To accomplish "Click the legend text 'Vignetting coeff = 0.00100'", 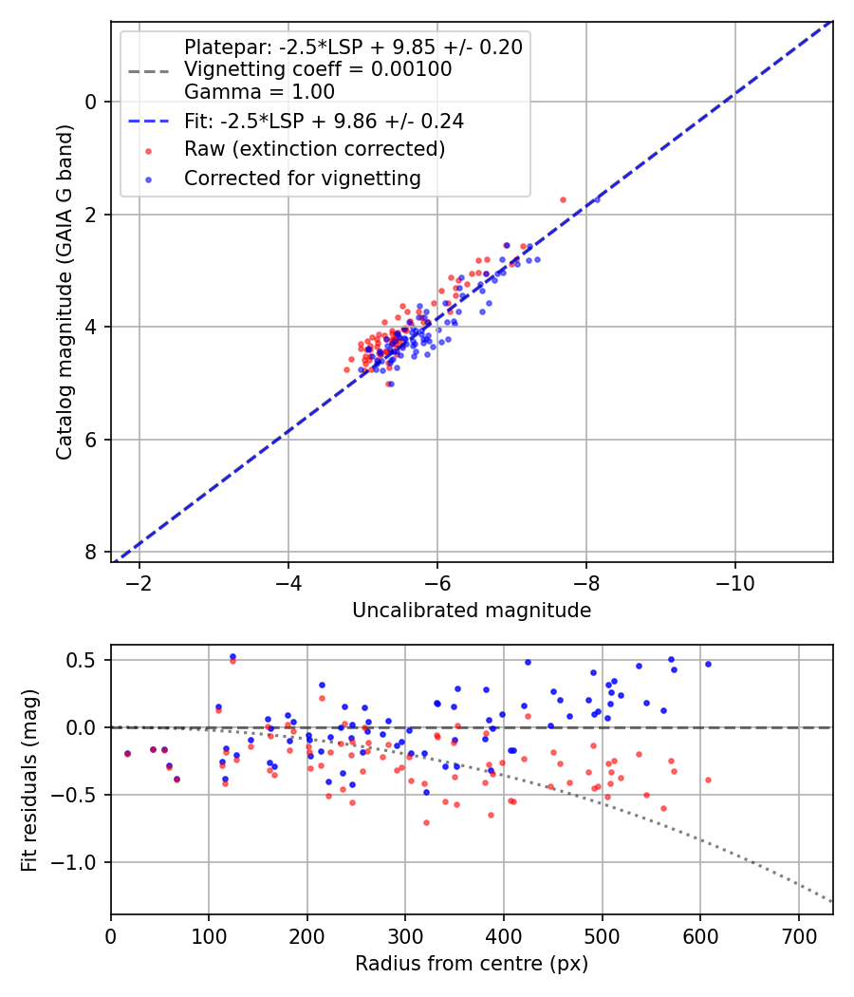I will click(x=317, y=69).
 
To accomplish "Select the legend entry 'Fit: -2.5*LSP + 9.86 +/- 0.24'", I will click(x=324, y=122).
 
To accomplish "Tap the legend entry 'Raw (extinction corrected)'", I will click(x=314, y=149).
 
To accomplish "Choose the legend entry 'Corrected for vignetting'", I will click(x=302, y=178).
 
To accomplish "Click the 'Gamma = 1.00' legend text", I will click(x=259, y=92).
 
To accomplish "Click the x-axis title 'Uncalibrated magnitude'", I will click(x=472, y=611).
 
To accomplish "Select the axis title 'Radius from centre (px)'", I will click(x=472, y=964).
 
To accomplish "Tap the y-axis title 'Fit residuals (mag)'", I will click(x=29, y=780).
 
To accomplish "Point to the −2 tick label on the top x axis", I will click(x=139, y=581).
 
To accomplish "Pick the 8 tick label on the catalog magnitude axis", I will click(x=91, y=553).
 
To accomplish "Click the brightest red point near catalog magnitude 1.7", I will click(x=563, y=199).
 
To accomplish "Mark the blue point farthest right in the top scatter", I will click(x=597, y=199).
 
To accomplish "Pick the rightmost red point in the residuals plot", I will click(x=708, y=780).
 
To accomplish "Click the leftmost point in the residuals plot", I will click(x=127, y=753).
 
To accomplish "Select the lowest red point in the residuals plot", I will click(x=426, y=822).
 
